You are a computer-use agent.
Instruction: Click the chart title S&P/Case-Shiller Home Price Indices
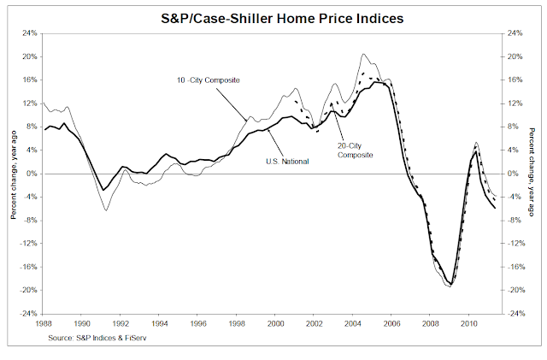[273, 15]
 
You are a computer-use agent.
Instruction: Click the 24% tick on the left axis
[28, 33]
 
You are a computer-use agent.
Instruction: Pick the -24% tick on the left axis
[27, 313]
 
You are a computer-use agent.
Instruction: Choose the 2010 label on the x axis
[469, 324]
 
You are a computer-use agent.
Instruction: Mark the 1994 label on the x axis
[159, 324]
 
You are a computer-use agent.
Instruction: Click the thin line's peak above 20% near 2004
[365, 54]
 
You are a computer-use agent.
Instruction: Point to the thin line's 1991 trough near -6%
[106, 210]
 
